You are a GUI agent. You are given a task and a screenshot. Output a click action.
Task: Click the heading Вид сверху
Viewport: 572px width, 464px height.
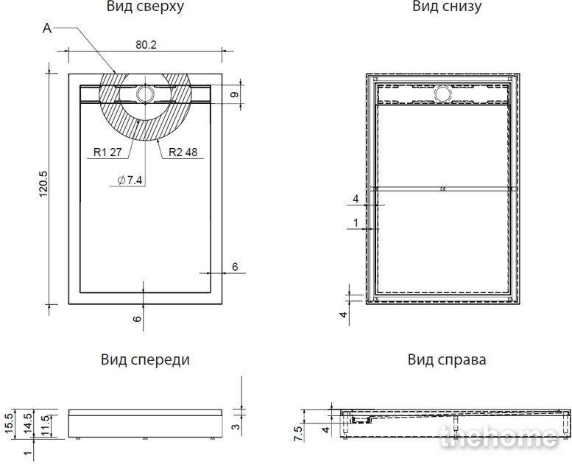pyautogui.click(x=145, y=6)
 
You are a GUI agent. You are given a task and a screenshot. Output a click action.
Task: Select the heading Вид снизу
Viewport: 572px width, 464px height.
pyautogui.click(x=447, y=6)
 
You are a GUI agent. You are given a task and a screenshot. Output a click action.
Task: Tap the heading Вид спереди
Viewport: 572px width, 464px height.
pyautogui.click(x=145, y=360)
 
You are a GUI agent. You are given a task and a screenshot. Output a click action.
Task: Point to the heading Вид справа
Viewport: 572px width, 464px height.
pyautogui.click(x=447, y=360)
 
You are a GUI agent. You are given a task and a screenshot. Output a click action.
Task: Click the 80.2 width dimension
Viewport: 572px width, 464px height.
pyautogui.click(x=146, y=44)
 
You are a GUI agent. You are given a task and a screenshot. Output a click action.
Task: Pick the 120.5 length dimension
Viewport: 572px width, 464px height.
pyautogui.click(x=43, y=184)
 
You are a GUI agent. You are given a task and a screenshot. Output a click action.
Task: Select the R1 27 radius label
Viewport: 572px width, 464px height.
pyautogui.click(x=107, y=152)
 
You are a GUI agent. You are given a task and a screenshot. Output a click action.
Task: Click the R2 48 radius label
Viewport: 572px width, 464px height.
pyautogui.click(x=183, y=152)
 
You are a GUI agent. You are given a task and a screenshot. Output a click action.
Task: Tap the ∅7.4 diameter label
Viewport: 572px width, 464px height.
pyautogui.click(x=130, y=180)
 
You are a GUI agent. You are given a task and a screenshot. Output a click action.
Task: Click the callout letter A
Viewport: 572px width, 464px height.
pyautogui.click(x=47, y=28)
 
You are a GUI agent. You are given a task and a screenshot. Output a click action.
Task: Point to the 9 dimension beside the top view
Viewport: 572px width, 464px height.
pyautogui.click(x=235, y=94)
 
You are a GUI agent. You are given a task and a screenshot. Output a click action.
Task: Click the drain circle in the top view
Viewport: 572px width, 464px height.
pyautogui.click(x=146, y=94)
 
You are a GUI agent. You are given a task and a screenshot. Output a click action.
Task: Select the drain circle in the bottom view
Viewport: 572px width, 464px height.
pyautogui.click(x=443, y=94)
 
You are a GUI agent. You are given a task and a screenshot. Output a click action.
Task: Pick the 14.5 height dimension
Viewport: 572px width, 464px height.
pyautogui.click(x=27, y=423)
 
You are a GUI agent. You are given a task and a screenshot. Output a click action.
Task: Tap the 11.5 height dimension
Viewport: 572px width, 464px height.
pyautogui.click(x=45, y=425)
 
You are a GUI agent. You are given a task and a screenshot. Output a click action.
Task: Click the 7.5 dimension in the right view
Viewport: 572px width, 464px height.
pyautogui.click(x=298, y=433)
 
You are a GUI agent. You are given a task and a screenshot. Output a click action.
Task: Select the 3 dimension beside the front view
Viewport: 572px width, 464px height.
pyautogui.click(x=236, y=426)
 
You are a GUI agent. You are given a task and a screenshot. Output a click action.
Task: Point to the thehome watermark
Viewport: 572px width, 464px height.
pyautogui.click(x=499, y=437)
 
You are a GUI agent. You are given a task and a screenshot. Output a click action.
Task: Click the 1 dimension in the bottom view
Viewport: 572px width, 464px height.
pyautogui.click(x=356, y=222)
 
